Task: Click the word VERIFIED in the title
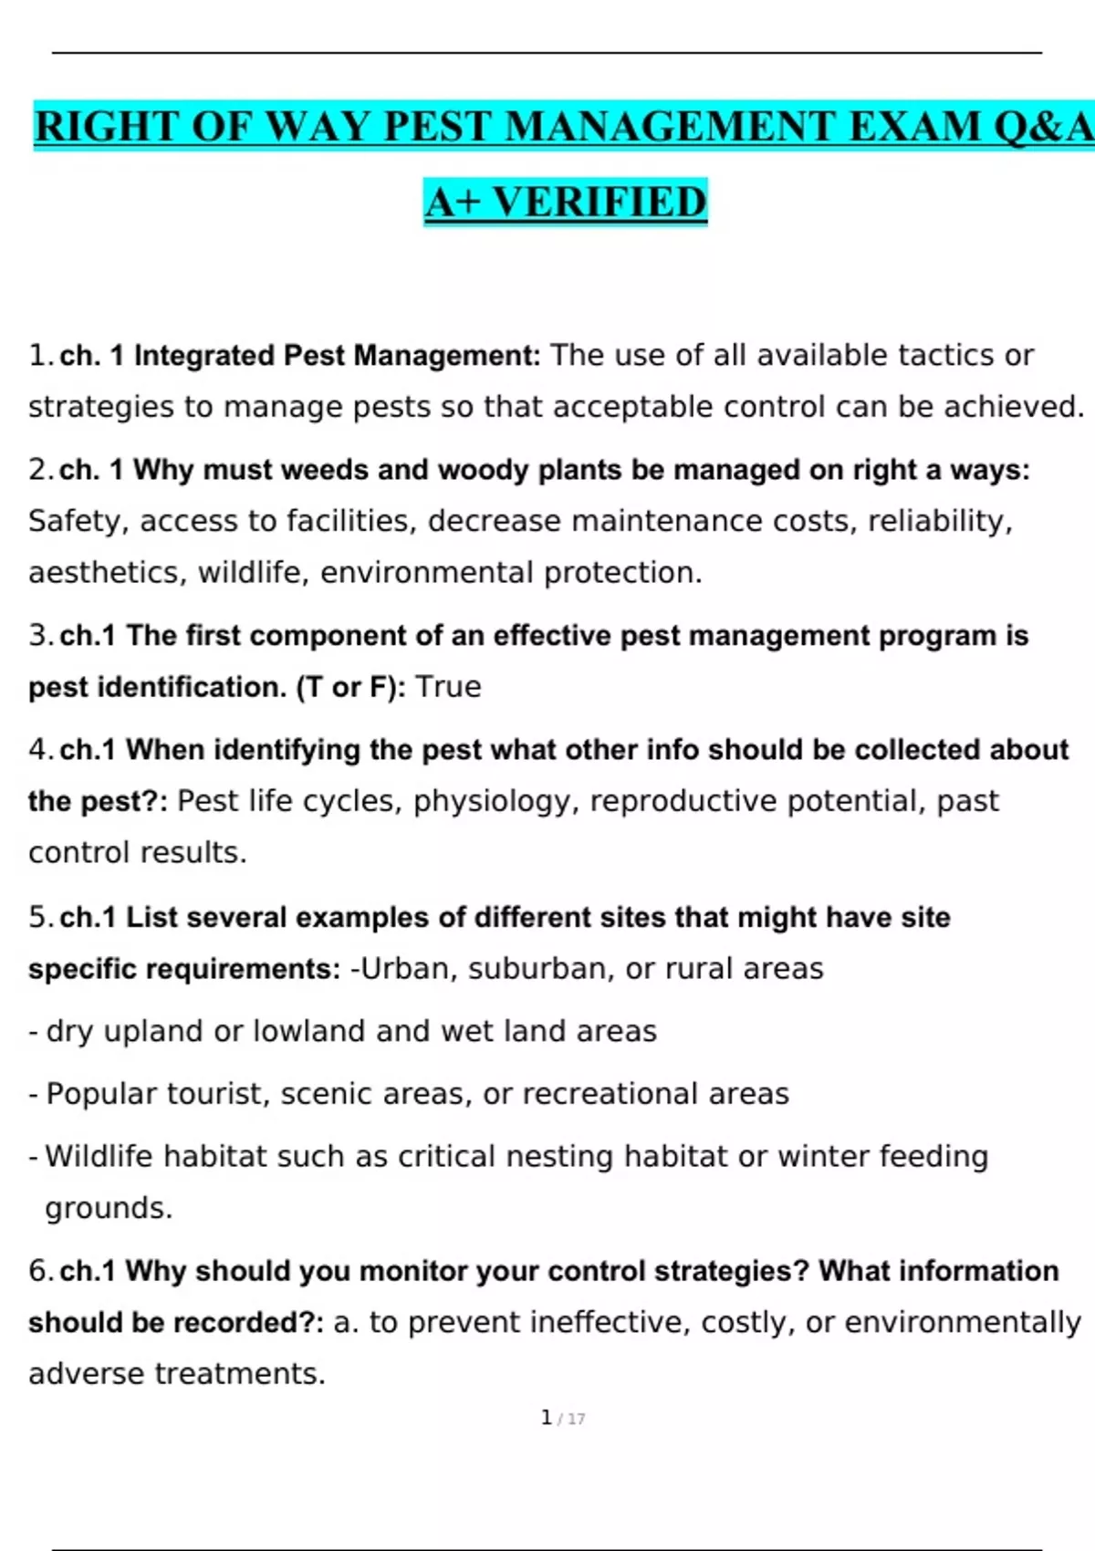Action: pos(600,202)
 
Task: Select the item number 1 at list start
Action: pos(37,355)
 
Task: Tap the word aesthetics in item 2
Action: pos(108,572)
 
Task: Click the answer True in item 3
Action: pos(448,686)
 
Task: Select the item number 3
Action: pos(37,635)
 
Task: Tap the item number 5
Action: pos(37,917)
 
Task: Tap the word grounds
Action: pos(108,1208)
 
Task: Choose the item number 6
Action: pos(37,1270)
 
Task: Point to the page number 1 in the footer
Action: pos(547,1417)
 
